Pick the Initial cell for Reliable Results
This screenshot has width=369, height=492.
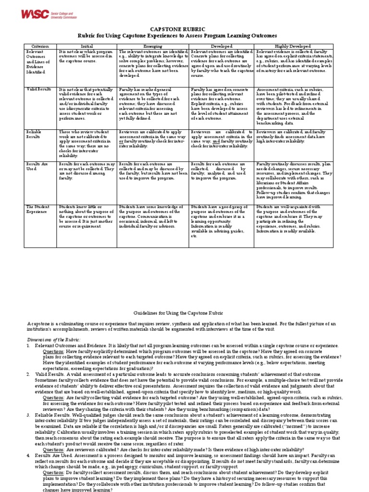[87, 143]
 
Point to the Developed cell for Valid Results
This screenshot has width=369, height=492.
[221, 103]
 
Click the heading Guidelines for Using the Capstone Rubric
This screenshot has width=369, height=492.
[184, 312]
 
